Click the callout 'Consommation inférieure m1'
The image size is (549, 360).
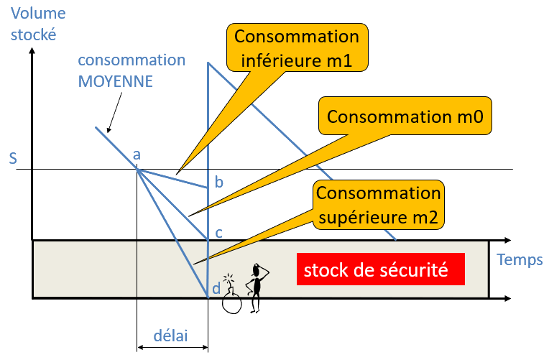point(296,48)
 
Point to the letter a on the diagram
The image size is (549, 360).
point(137,154)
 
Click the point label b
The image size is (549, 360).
point(219,183)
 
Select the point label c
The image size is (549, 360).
point(219,233)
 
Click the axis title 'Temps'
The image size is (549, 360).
point(520,259)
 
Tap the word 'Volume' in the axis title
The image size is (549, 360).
point(34,12)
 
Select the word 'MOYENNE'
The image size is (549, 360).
point(115,81)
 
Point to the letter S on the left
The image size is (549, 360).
point(13,157)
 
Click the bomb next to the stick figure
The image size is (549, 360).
point(231,301)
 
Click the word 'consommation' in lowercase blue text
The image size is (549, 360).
point(132,60)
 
